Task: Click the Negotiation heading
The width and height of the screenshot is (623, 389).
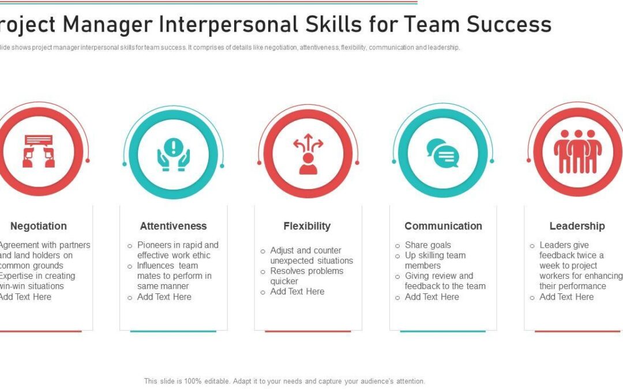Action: pos(39,226)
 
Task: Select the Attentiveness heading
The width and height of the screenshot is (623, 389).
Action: pos(173,226)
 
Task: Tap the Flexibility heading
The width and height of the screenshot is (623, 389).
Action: pos(307,226)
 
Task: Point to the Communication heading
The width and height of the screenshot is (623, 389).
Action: pos(443,226)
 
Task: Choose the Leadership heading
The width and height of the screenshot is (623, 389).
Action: pos(577,226)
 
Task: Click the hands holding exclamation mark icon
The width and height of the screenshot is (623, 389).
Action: pos(173,154)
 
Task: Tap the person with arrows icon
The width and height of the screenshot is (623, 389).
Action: pos(308,153)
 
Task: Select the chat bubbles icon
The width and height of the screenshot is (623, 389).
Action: pos(442,153)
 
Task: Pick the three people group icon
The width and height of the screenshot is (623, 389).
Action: pos(577,151)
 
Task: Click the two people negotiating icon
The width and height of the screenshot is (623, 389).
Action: pos(39,151)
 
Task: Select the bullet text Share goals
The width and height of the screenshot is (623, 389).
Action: pos(428,245)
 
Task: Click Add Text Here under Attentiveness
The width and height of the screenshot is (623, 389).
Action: pos(164,297)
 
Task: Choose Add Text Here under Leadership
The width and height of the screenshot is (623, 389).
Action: pos(566,297)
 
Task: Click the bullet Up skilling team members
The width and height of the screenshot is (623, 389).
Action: pos(435,260)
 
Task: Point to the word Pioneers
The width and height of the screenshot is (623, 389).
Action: pos(156,245)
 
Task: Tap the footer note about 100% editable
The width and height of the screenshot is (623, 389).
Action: pos(284,381)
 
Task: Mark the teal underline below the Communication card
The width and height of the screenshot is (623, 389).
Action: pos(443,331)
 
